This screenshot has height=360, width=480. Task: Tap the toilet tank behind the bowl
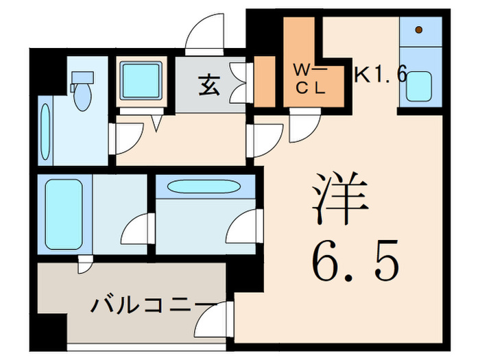(x=82, y=77)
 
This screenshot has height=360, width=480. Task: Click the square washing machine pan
(x=141, y=81)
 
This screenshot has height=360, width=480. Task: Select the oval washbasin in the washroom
(x=204, y=187)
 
